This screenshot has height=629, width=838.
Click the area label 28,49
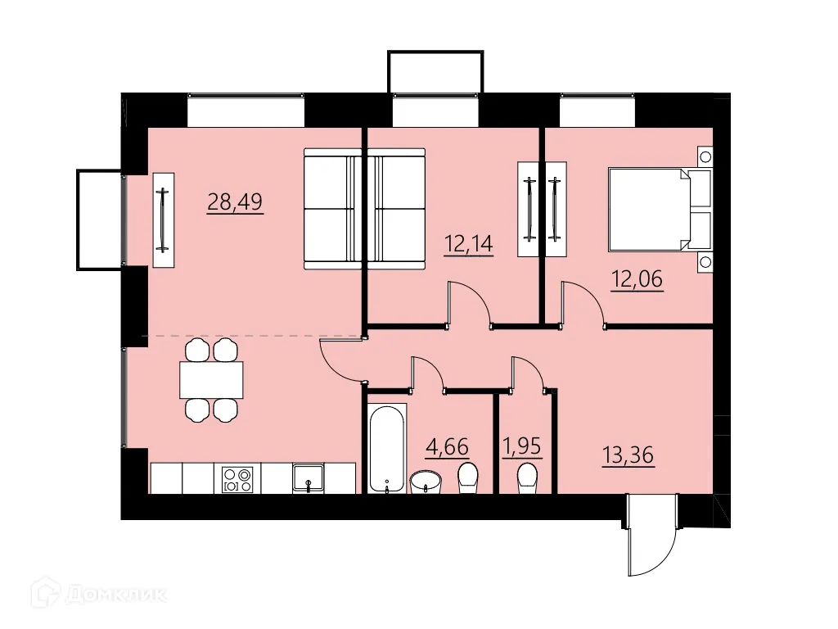[235, 201]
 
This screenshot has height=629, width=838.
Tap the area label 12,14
[469, 243]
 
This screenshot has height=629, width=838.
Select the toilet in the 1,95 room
[528, 478]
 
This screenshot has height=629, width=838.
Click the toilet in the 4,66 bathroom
[468, 478]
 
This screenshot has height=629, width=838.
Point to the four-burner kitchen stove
[238, 479]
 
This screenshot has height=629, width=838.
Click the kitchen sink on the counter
[309, 477]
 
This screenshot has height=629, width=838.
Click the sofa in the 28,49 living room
[332, 208]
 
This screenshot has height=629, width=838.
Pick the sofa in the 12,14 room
[396, 208]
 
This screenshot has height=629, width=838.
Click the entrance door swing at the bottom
[651, 536]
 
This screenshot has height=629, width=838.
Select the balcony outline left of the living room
[99, 219]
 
